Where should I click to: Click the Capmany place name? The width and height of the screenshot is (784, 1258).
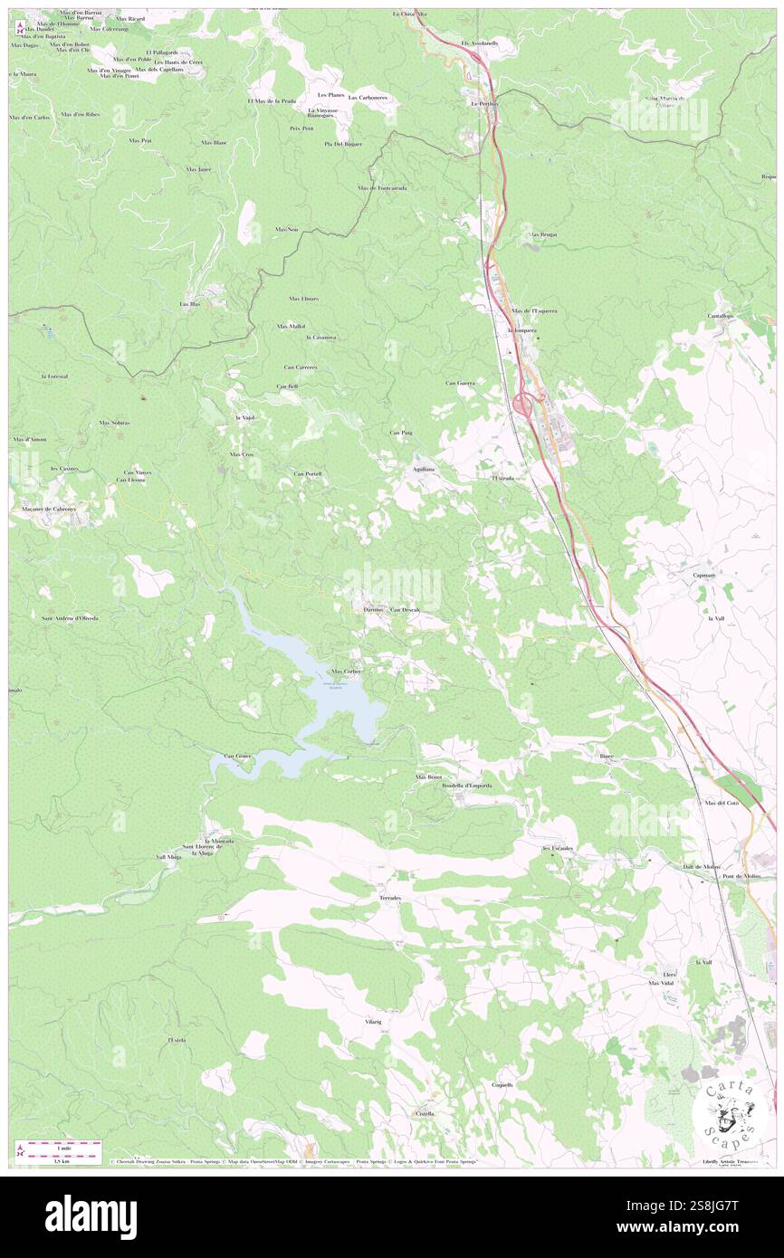click(x=704, y=575)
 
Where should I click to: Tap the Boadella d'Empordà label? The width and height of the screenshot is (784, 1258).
click(x=466, y=786)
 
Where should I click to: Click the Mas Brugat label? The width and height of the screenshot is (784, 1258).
click(x=542, y=234)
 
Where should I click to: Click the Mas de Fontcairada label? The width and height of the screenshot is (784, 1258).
click(x=382, y=188)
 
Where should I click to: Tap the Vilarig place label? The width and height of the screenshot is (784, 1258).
click(x=373, y=1021)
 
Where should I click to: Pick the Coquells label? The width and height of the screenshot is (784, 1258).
click(x=502, y=1084)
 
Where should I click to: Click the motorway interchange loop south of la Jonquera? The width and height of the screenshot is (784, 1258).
click(x=522, y=404)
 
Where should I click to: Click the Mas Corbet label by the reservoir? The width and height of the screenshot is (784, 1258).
click(x=346, y=672)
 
